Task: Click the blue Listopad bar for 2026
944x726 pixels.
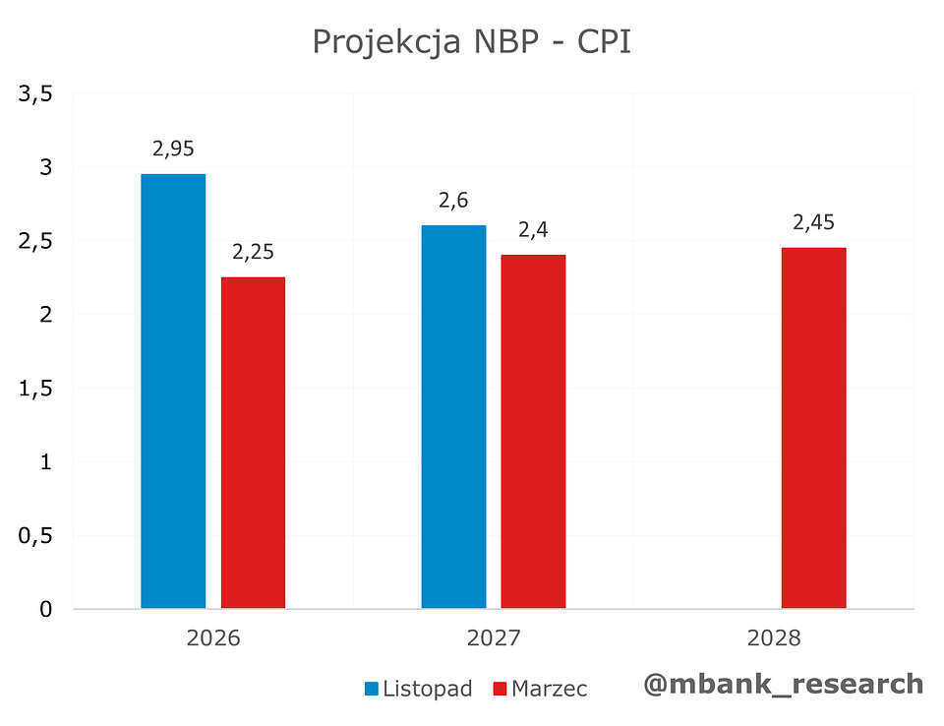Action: [x=173, y=391]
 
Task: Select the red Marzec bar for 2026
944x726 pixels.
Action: [x=253, y=442]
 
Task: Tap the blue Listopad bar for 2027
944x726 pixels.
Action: [x=453, y=416]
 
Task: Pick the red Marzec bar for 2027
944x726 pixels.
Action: [x=533, y=431]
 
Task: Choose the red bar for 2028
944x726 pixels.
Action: [x=813, y=427]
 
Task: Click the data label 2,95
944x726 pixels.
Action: [x=173, y=150]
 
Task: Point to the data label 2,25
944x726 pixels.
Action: [x=254, y=253]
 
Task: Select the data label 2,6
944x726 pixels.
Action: [x=453, y=201]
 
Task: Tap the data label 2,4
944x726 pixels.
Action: [x=533, y=230]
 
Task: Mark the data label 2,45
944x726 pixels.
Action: [x=813, y=222]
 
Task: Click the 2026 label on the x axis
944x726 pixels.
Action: [x=213, y=638]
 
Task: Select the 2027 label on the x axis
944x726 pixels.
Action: [x=494, y=638]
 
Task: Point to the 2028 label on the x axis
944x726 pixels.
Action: [x=774, y=638]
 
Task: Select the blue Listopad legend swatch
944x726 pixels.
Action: [x=372, y=690]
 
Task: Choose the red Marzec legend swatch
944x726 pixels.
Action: [x=499, y=690]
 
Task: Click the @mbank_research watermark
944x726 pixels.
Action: [x=784, y=684]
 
